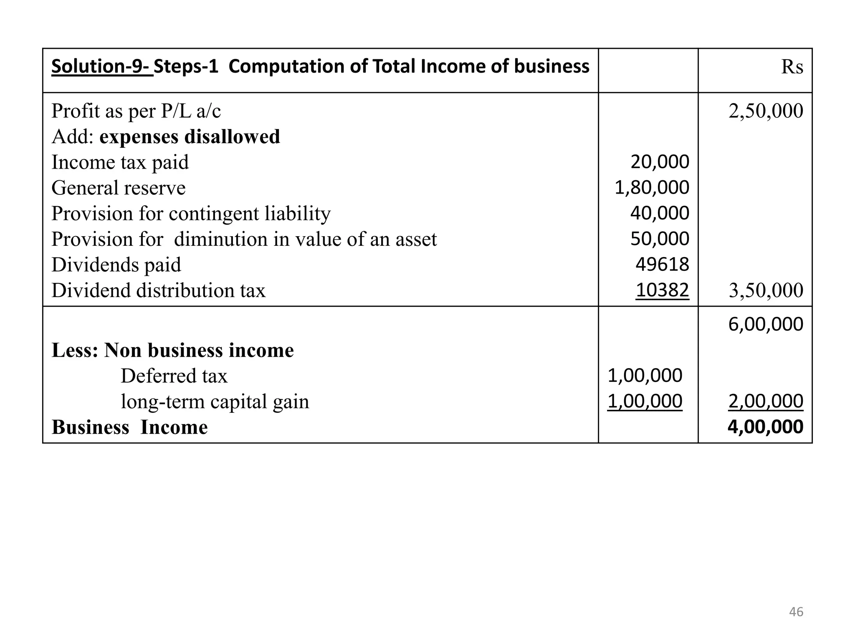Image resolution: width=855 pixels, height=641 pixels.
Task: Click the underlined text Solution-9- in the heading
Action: pyautogui.click(x=102, y=66)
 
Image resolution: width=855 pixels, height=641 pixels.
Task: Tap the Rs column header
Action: pyautogui.click(x=792, y=67)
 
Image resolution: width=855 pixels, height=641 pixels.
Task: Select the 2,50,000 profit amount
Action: pyautogui.click(x=766, y=111)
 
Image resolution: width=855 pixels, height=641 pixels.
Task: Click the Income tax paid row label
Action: pyautogui.click(x=120, y=162)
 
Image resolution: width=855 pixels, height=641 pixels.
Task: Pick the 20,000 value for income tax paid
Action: pyautogui.click(x=660, y=162)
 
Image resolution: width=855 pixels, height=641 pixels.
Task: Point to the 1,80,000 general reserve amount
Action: pyautogui.click(x=652, y=187)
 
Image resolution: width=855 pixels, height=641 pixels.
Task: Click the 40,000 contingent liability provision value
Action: pyautogui.click(x=660, y=213)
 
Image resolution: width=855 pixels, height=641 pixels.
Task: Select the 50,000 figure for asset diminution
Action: pyautogui.click(x=660, y=239)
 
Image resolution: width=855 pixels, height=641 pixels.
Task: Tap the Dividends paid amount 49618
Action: pyautogui.click(x=662, y=265)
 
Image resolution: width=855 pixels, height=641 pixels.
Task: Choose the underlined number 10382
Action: pyautogui.click(x=662, y=290)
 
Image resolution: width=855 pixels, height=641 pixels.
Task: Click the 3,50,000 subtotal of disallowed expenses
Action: pyautogui.click(x=766, y=290)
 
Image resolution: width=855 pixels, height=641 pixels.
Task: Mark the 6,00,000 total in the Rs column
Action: pyautogui.click(x=766, y=324)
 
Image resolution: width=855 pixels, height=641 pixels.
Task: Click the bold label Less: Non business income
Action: pyautogui.click(x=172, y=350)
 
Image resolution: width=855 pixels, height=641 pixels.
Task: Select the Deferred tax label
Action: pyautogui.click(x=174, y=376)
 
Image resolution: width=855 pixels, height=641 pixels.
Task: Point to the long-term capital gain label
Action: pyautogui.click(x=215, y=401)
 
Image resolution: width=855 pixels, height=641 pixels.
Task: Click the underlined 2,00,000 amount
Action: pyautogui.click(x=766, y=401)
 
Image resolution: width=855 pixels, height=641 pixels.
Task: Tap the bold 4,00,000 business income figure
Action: pyautogui.click(x=765, y=427)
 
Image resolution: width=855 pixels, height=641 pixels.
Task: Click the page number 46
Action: pyautogui.click(x=796, y=612)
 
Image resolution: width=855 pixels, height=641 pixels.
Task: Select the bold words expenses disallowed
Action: pyautogui.click(x=190, y=137)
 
